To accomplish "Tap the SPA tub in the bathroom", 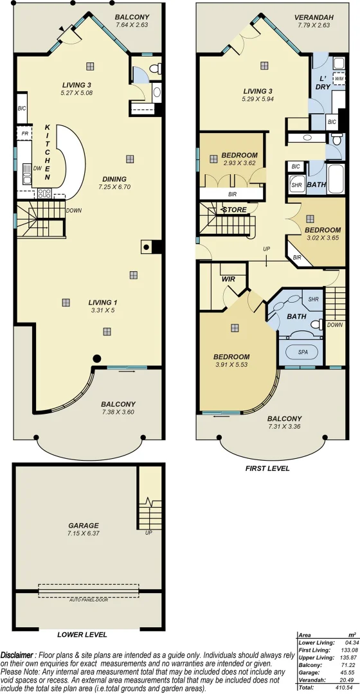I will (x=302, y=352).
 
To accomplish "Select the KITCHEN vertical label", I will (x=47, y=152).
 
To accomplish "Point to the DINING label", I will (x=113, y=179).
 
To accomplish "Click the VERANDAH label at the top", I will (x=313, y=17).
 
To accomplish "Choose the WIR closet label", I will (x=229, y=280).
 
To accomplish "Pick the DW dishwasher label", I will (x=37, y=167).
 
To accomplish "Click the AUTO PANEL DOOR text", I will (x=87, y=599).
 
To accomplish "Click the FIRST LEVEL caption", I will (x=267, y=468).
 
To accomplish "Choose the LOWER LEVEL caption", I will (x=82, y=634).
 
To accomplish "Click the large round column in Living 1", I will (x=96, y=359).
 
